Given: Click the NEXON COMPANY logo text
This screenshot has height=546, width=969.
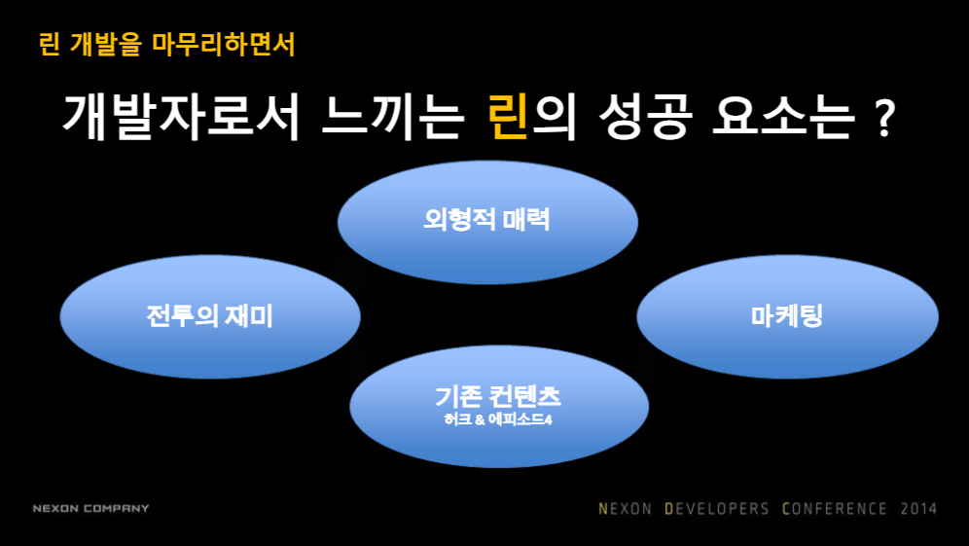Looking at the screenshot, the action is [90, 508].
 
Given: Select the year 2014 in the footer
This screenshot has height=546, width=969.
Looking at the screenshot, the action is [918, 508].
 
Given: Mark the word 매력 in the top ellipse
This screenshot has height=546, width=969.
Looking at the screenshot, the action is [526, 220].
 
